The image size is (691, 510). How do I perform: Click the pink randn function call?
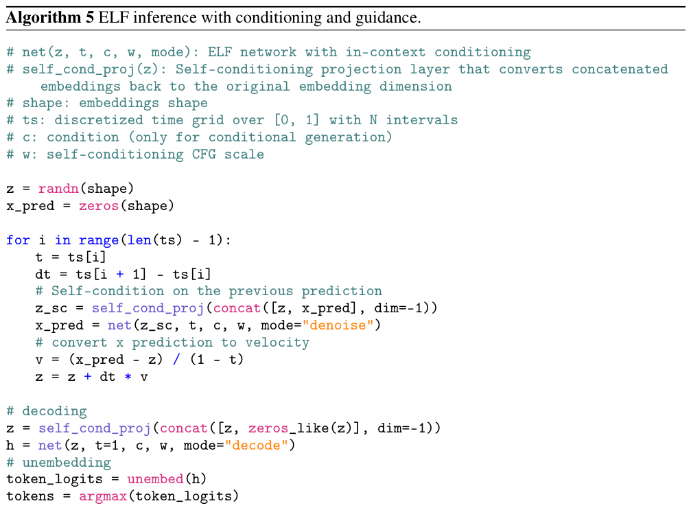[58, 189]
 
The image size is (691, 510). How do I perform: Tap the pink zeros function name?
[99, 206]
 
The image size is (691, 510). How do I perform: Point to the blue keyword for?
[18, 240]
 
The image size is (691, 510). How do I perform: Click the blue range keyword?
[99, 241]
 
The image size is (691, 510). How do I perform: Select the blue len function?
[139, 240]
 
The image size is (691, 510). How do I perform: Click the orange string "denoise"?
[338, 325]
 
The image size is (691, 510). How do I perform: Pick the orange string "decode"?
[257, 445]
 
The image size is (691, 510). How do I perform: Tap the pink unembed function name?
[155, 479]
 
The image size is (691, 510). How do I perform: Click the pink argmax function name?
[103, 497]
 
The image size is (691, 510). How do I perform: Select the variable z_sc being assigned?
[51, 309]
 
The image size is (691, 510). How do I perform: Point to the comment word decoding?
[55, 411]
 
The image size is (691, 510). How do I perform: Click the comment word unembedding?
[67, 463]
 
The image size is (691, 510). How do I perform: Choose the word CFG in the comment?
[204, 154]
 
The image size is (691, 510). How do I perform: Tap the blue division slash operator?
[176, 360]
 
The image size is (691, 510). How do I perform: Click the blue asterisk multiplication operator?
[128, 377]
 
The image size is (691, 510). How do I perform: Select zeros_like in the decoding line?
[289, 428]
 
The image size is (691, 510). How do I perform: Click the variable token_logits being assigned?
[54, 480]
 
